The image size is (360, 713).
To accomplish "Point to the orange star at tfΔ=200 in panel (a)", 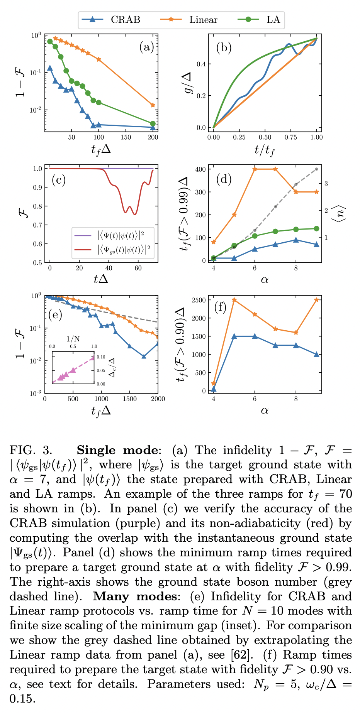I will click(153, 105).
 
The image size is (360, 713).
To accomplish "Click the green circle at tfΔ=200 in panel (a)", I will click(153, 123).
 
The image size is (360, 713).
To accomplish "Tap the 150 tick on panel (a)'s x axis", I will click(126, 137).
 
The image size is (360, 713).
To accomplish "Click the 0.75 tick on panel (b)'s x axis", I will click(291, 137).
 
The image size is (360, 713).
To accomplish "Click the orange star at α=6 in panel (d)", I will click(255, 169).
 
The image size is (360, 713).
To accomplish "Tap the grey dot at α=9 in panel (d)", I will click(316, 169).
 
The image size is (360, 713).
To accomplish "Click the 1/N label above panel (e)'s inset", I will click(73, 339).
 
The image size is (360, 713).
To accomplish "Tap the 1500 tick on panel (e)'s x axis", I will click(129, 399).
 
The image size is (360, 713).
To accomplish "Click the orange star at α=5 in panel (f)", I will click(234, 300).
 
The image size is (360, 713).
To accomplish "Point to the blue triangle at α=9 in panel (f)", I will click(316, 354).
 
